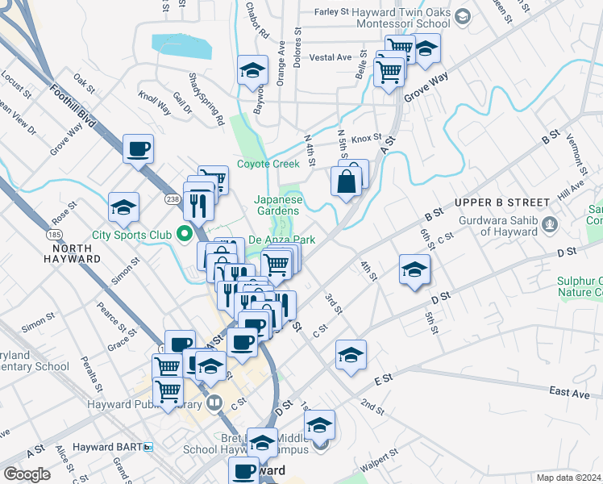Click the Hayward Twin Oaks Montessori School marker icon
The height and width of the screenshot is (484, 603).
click(x=463, y=16)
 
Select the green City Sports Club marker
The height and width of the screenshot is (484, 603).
click(x=185, y=235)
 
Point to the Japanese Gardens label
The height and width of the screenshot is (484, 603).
click(x=278, y=206)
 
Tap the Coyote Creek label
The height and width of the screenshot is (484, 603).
click(x=268, y=164)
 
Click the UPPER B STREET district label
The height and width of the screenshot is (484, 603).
click(x=501, y=202)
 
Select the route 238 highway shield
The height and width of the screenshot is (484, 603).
click(x=172, y=198)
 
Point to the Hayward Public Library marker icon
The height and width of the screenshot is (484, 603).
click(x=214, y=401)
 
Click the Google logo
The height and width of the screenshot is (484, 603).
click(x=27, y=474)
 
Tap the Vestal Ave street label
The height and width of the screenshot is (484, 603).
click(x=331, y=57)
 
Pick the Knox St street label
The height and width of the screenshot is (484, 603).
click(x=365, y=138)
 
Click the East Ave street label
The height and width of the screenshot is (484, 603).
click(x=570, y=391)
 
